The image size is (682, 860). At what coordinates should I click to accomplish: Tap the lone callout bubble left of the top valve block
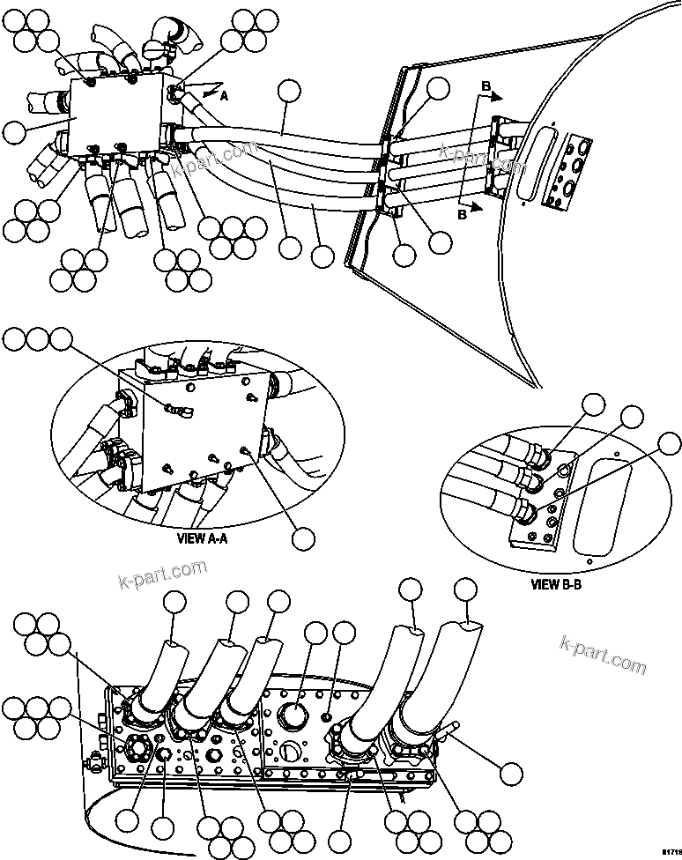pos(15,133)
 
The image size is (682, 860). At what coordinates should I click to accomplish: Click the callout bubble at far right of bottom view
pos(510,773)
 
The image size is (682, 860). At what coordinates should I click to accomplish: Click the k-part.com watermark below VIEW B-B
pos(603,654)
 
